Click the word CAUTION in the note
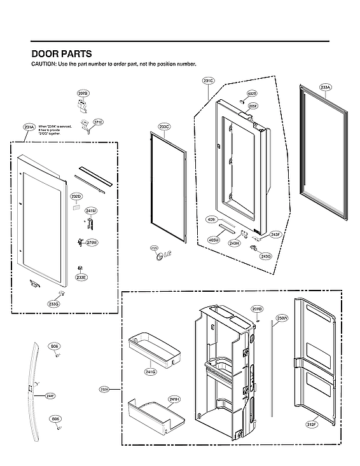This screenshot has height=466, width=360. pyautogui.click(x=43, y=65)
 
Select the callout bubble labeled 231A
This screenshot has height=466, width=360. pyautogui.click(x=29, y=127)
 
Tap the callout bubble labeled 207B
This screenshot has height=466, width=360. pyautogui.click(x=83, y=93)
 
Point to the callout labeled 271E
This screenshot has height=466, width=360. pyautogui.click(x=98, y=121)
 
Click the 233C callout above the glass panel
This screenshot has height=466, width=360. pyautogui.click(x=164, y=127)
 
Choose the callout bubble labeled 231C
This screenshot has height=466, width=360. pyautogui.click(x=208, y=81)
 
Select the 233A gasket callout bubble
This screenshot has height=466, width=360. pyautogui.click(x=326, y=87)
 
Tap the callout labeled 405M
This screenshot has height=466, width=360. pyautogui.click(x=213, y=240)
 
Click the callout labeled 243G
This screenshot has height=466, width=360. pyautogui.click(x=266, y=256)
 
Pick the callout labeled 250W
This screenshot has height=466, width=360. pyautogui.click(x=282, y=317)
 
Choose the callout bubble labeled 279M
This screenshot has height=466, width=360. pyautogui.click(x=92, y=243)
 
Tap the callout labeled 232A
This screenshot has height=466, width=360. pyautogui.click(x=104, y=388)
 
